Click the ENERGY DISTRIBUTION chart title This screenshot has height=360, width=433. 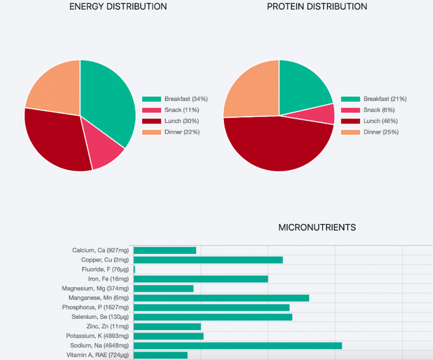(x=118, y=7)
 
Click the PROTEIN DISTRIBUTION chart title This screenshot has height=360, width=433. (x=317, y=7)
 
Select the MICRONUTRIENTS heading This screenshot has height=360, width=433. (x=317, y=227)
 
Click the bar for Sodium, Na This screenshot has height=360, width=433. (x=237, y=345)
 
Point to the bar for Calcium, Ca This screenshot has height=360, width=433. (x=165, y=250)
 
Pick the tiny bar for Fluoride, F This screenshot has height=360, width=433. (x=134, y=269)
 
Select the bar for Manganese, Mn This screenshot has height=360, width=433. (x=221, y=298)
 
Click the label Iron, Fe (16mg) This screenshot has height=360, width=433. (x=108, y=279)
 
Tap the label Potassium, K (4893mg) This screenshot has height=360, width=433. (x=97, y=336)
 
